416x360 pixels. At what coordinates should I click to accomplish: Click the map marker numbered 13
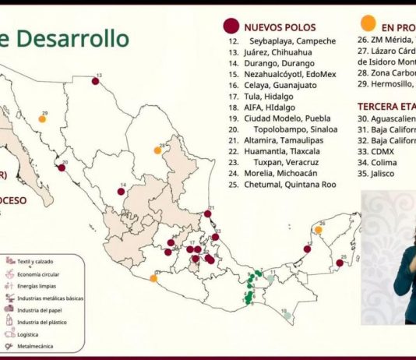pyautogui.click(x=96, y=80)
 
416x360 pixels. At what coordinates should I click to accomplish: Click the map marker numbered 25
pyautogui.click(x=340, y=263)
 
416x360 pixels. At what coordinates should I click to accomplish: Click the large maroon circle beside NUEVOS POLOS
pyautogui.click(x=230, y=26)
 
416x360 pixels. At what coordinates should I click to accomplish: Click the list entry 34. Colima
pyautogui.click(x=376, y=163)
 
